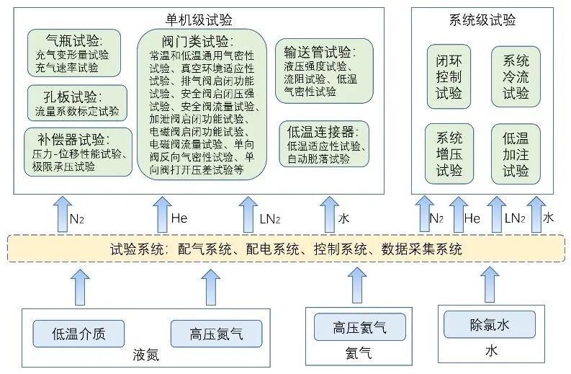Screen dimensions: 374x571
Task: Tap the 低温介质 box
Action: [79, 334]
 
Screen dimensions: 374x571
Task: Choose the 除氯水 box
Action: [489, 326]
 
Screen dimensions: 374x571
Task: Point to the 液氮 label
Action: [145, 355]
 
